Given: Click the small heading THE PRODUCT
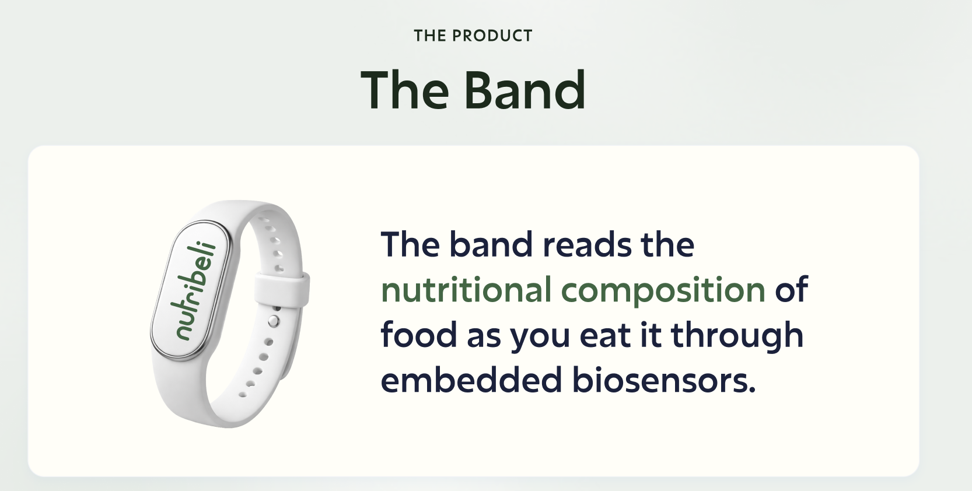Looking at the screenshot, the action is point(473,36).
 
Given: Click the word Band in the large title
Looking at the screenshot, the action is point(525,90).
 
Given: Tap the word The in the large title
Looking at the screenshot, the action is point(404,90).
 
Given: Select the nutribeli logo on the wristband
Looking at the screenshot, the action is point(195,290).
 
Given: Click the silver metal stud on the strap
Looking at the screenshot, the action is point(274,321).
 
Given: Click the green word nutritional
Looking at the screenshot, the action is point(466,289).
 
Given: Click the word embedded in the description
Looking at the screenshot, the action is point(471,380).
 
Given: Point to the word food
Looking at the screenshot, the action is point(419,334).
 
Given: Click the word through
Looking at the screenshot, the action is point(737,336).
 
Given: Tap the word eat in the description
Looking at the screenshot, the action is point(605,335).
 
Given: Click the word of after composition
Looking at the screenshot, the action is point(792,289).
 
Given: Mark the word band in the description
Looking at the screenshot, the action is point(491,245).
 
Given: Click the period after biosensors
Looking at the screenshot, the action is point(752,389).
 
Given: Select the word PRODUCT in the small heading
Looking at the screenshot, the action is point(492,36).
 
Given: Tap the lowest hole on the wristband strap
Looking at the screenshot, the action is point(243,395).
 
